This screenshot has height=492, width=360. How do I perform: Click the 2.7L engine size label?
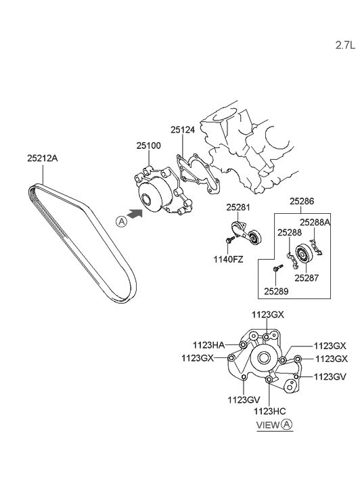(345, 45)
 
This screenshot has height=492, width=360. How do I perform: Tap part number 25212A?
(43, 158)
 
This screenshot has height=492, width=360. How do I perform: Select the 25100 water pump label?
(148, 146)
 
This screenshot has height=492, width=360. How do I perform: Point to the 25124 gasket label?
(183, 130)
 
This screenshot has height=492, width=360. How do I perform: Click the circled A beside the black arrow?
(121, 221)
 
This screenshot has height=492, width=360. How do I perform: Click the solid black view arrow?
(135, 214)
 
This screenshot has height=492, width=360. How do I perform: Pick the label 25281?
(238, 207)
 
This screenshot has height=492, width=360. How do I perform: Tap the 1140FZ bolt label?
(228, 259)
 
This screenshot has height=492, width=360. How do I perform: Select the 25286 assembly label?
(302, 201)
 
